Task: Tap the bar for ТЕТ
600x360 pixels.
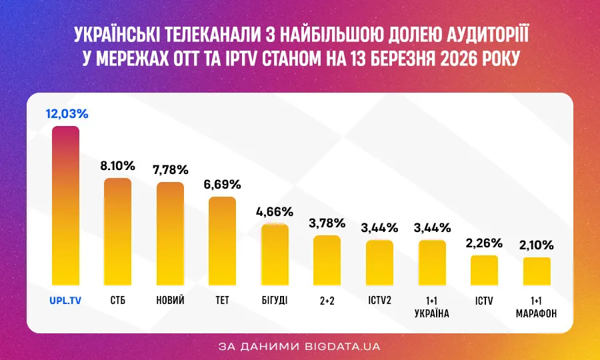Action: click(222, 241)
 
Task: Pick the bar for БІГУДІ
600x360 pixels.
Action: click(274, 255)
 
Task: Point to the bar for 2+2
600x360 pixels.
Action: click(327, 260)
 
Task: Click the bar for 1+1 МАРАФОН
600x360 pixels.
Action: click(536, 271)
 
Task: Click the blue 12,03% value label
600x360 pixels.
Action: click(67, 114)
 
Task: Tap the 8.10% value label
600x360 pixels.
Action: click(118, 166)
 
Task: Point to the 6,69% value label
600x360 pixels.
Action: click(222, 185)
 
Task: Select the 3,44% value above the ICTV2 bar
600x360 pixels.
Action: click(379, 228)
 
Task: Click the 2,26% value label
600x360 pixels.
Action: click(483, 243)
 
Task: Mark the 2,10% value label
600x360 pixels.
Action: click(536, 245)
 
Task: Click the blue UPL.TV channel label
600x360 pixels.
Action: click(65, 301)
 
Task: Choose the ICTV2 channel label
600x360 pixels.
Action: click(379, 301)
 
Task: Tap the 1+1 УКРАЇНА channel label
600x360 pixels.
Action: click(431, 307)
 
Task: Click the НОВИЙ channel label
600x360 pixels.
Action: click(170, 301)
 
